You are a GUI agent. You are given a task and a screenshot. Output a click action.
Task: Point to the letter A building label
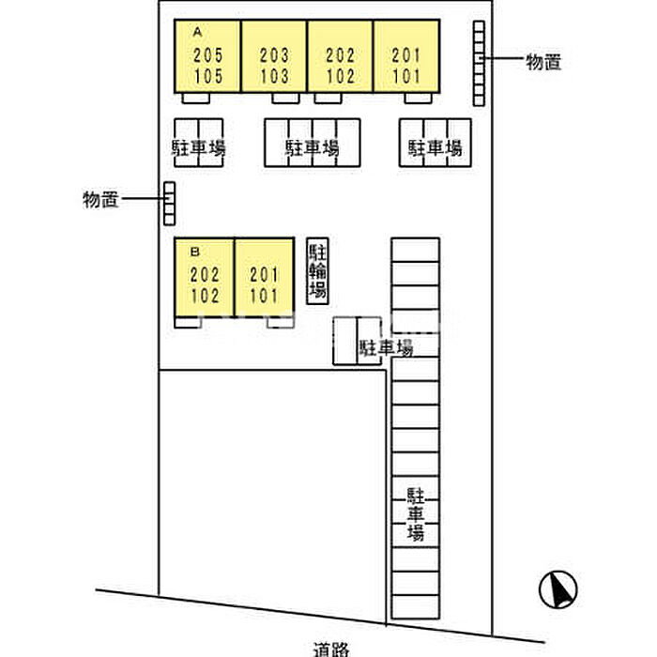click(x=197, y=31)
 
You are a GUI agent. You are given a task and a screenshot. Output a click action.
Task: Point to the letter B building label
click(x=195, y=252)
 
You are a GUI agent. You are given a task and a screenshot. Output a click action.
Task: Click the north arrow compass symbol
click(x=556, y=589)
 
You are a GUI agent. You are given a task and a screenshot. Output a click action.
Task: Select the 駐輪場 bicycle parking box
click(x=318, y=270)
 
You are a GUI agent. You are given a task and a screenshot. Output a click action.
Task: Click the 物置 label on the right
click(x=543, y=62)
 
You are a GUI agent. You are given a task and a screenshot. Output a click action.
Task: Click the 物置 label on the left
click(x=100, y=199)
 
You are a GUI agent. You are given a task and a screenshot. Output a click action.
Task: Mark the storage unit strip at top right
click(x=479, y=63)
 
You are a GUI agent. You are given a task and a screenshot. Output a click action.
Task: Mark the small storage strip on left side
click(x=169, y=203)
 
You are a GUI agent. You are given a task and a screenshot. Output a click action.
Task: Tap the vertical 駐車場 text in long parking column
click(x=415, y=514)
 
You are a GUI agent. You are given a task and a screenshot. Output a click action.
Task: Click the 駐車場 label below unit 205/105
click(x=198, y=147)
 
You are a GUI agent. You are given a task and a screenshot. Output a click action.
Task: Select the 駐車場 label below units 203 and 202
click(x=312, y=147)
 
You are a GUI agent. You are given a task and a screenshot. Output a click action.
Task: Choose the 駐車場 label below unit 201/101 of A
click(x=435, y=147)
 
